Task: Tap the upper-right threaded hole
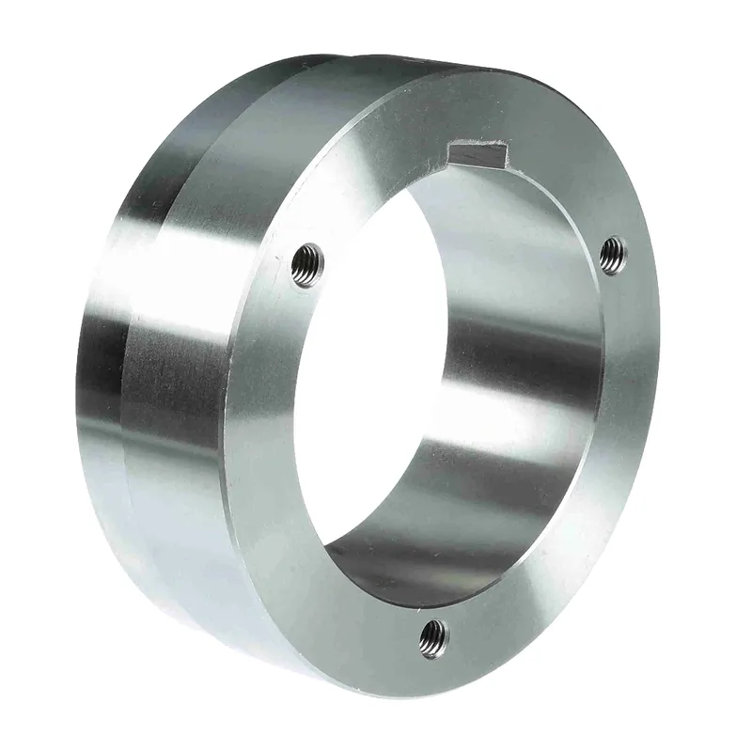612,252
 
